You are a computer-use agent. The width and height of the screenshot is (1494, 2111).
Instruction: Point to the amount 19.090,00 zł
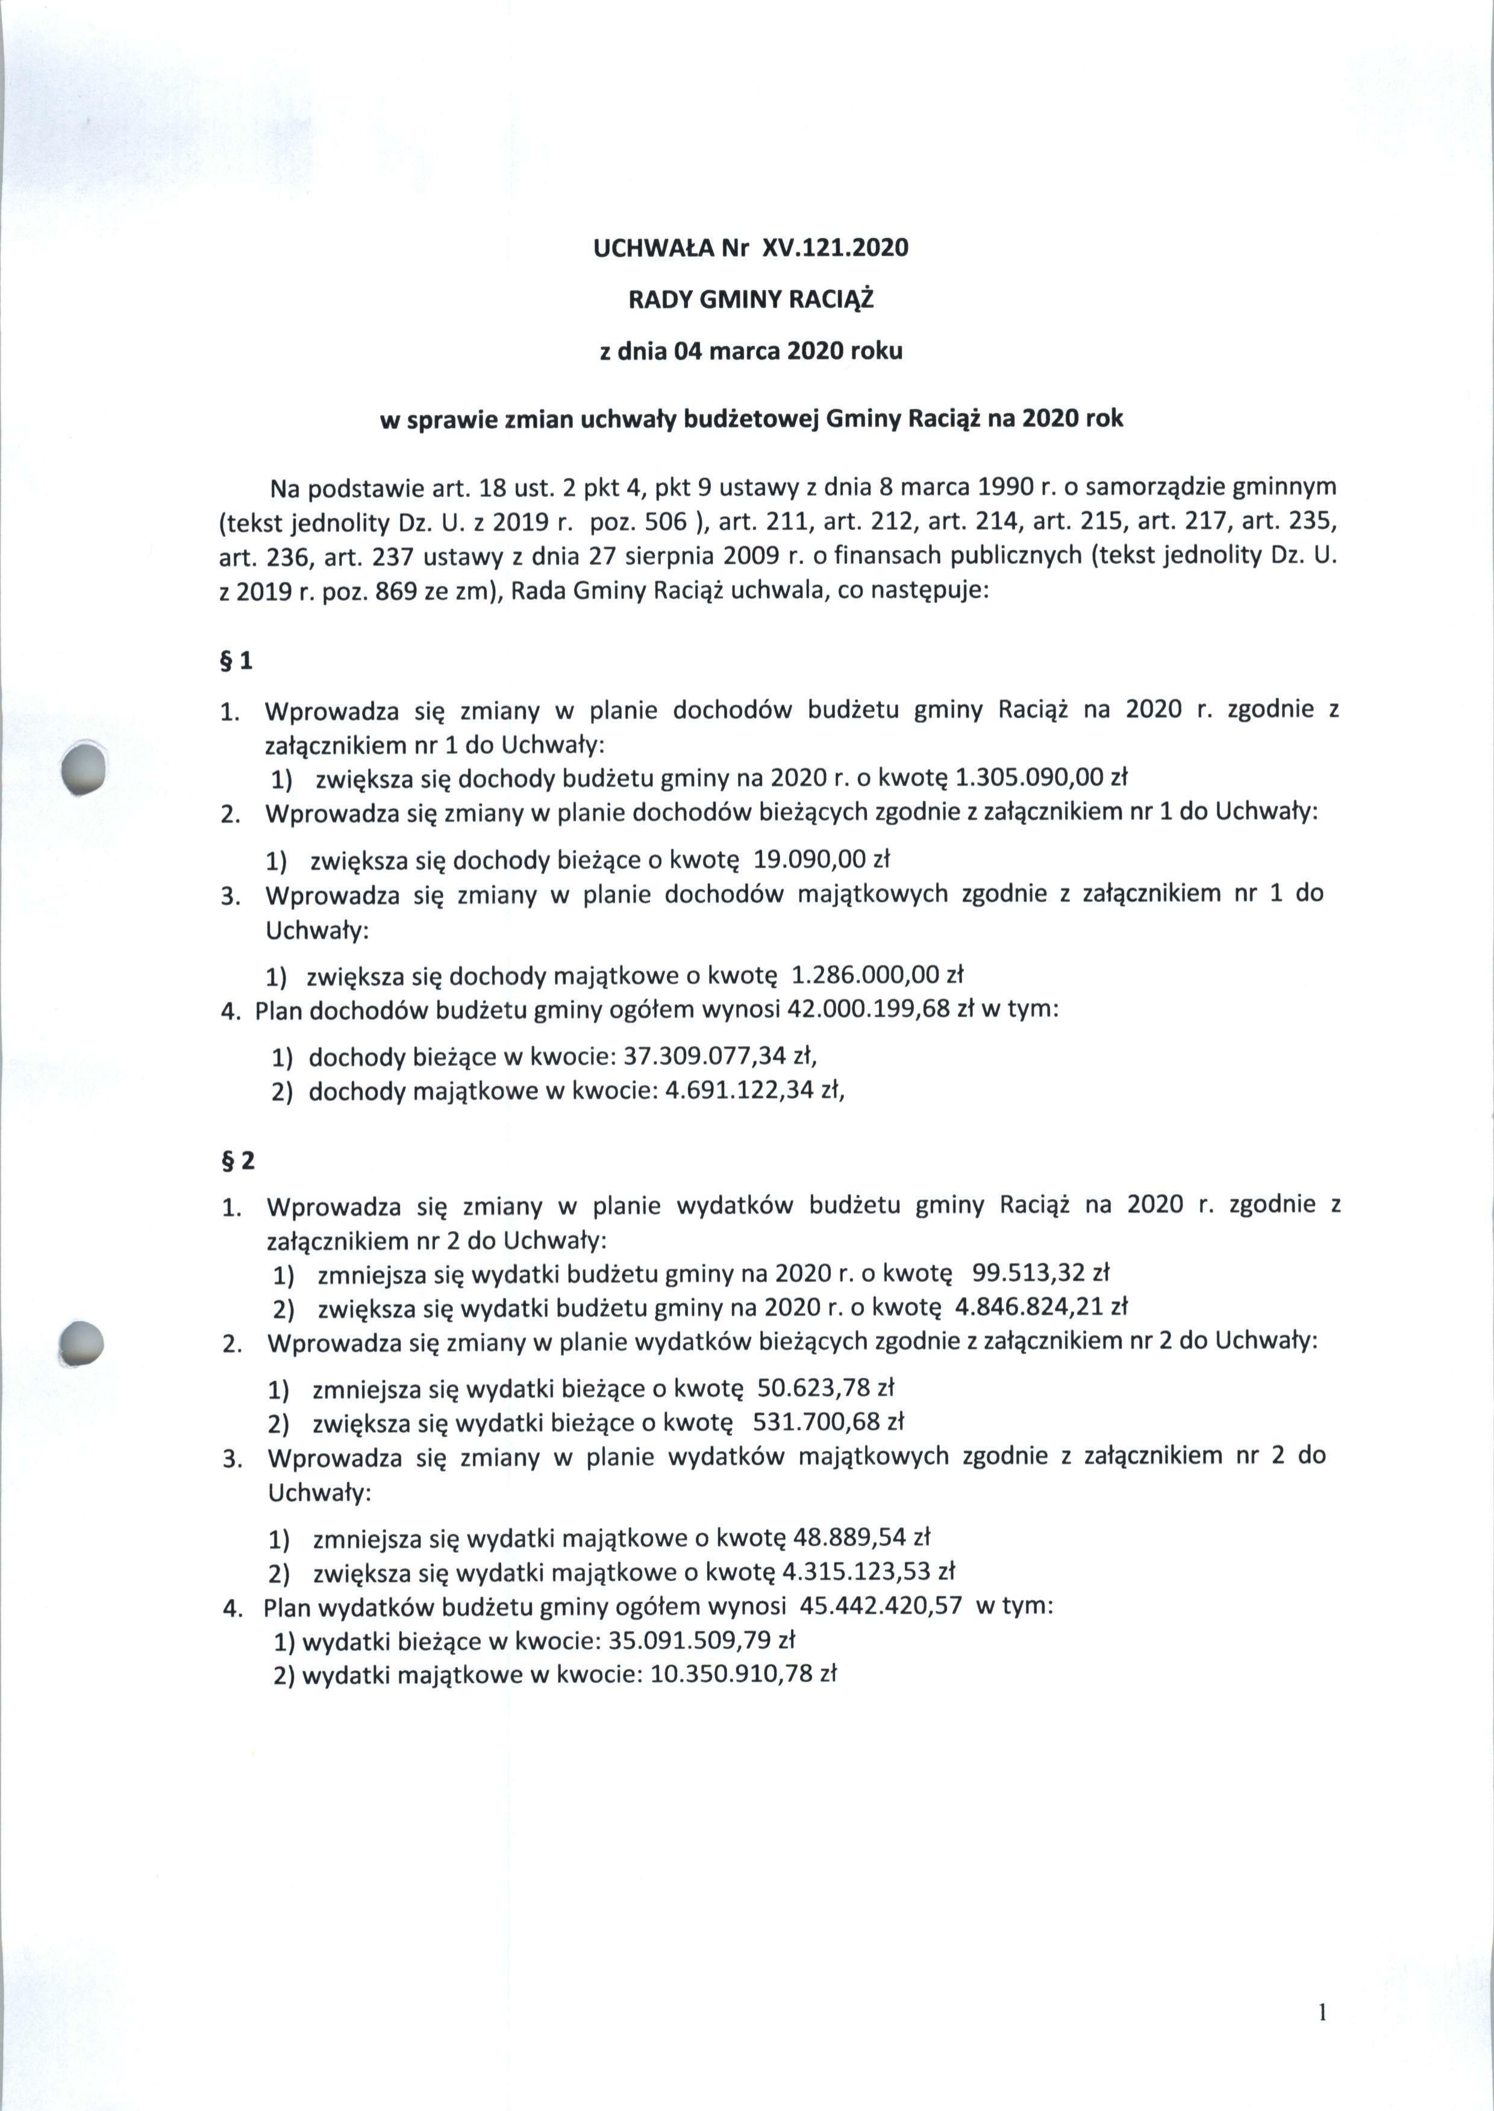[x=822, y=859]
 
